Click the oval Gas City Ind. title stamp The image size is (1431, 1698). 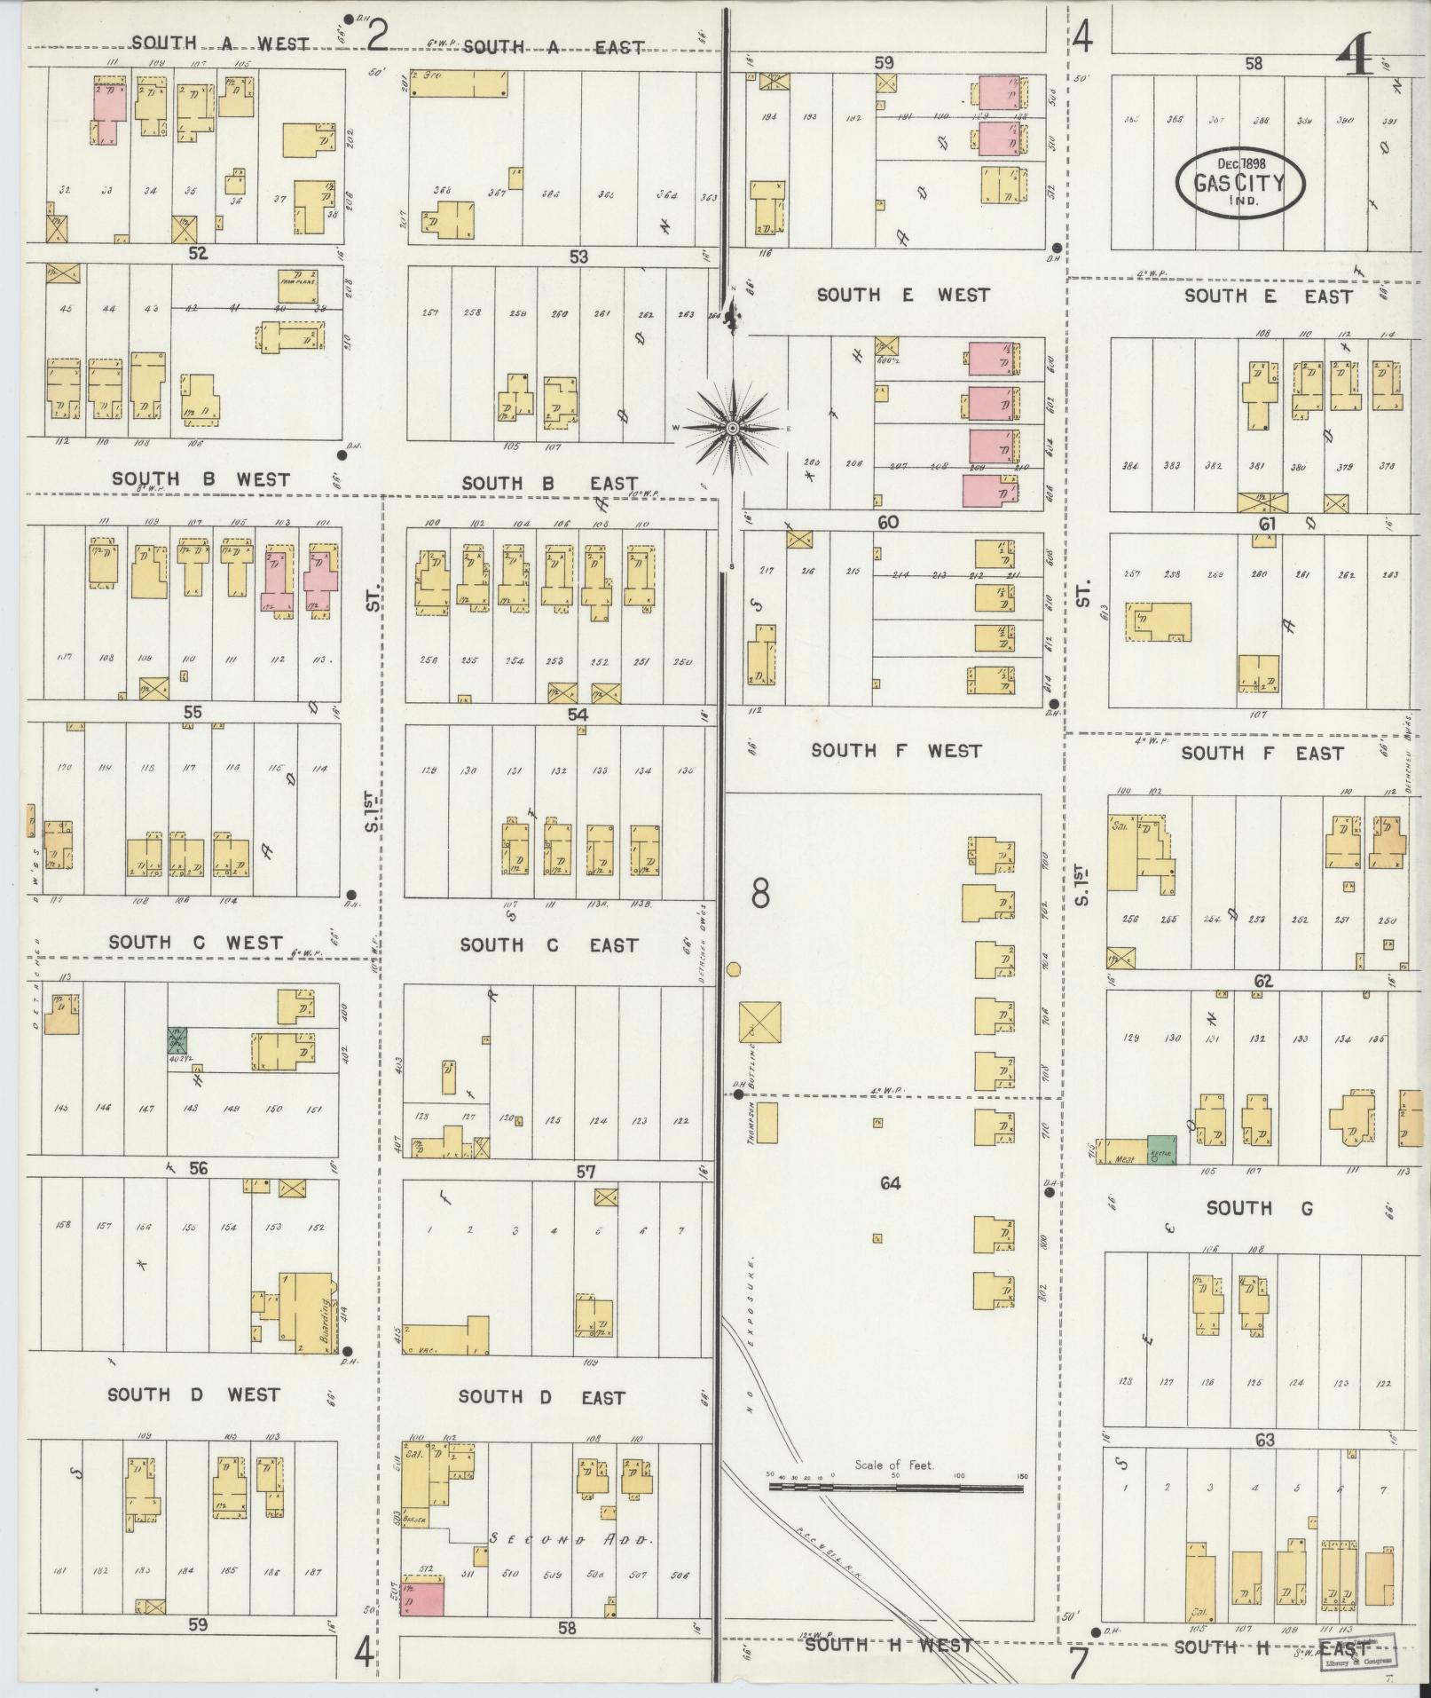point(1240,184)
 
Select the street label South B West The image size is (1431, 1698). point(200,480)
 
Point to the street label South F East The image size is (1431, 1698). point(1262,754)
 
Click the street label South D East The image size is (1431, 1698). point(541,1397)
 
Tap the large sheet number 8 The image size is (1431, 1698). point(760,895)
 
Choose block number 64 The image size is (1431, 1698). point(890,1182)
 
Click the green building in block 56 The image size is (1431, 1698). point(177,1040)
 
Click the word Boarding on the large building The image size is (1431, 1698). point(326,1320)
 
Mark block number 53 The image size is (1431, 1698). point(578,257)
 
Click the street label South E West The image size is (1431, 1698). point(902,295)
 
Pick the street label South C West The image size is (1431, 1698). point(195,943)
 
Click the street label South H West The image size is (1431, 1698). point(888,1645)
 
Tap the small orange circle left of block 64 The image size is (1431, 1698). point(734,969)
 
